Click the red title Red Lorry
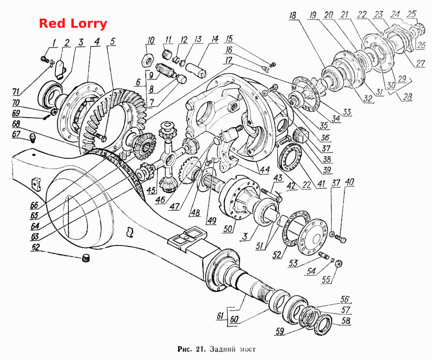pyautogui.click(x=73, y=23)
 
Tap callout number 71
pyautogui.click(x=17, y=91)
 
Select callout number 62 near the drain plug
pyautogui.click(x=36, y=247)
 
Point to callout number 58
pyautogui.click(x=346, y=321)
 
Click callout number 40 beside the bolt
pyautogui.click(x=349, y=182)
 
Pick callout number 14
pyautogui.click(x=214, y=39)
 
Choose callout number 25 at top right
pyautogui.click(x=412, y=14)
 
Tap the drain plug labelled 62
pyautogui.click(x=86, y=259)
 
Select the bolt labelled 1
pyautogui.click(x=44, y=59)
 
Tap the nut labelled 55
pyautogui.click(x=339, y=264)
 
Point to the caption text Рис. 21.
pyautogui.click(x=190, y=349)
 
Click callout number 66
pyautogui.click(x=34, y=205)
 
